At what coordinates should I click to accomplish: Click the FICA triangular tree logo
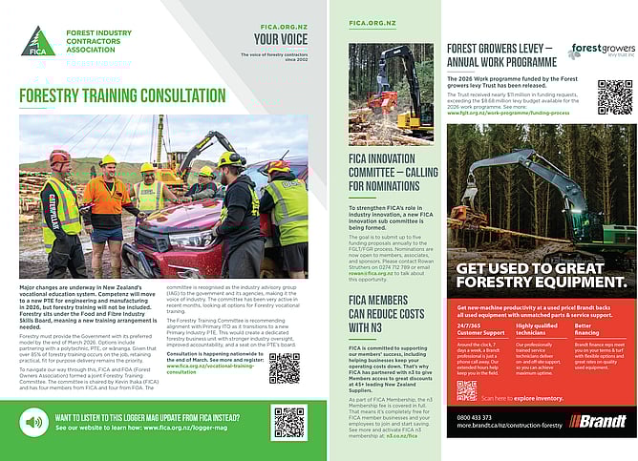click(x=37, y=42)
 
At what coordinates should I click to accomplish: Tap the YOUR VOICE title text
click(x=280, y=39)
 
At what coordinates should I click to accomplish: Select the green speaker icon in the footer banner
click(x=34, y=422)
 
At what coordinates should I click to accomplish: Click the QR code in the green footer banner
click(x=289, y=422)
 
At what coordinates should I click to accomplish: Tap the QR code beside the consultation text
click(x=285, y=367)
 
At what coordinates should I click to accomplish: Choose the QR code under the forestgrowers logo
click(x=614, y=96)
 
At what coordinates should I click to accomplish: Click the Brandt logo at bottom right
click(x=597, y=421)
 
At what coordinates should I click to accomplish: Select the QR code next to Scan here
click(x=466, y=390)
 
